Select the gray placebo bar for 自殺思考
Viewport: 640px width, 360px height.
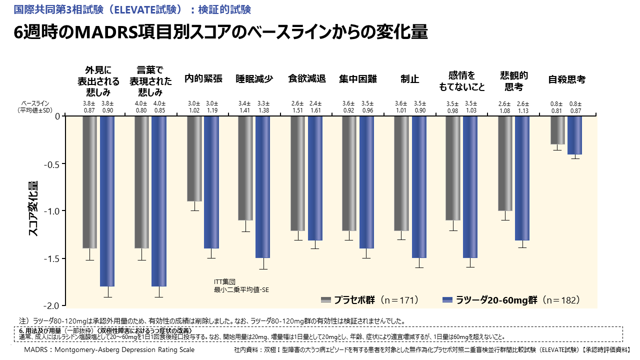[557, 130]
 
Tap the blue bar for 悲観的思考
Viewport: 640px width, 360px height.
[522, 178]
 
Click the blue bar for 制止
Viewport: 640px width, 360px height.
[419, 187]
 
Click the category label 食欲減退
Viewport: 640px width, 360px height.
[307, 79]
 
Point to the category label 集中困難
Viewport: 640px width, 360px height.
[358, 79]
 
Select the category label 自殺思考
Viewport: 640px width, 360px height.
[566, 79]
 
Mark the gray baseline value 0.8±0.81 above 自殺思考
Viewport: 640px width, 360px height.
[554, 107]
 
